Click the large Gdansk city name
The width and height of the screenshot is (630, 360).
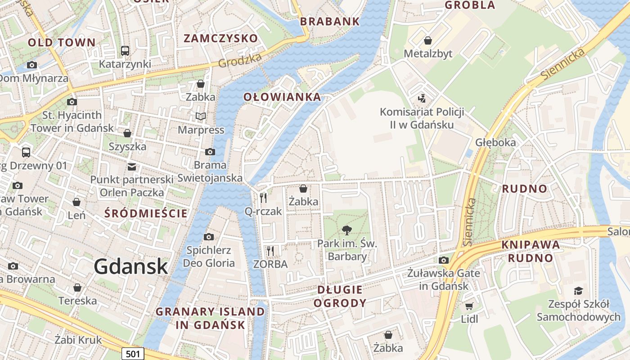[x=131, y=267]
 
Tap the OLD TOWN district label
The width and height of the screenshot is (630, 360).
[x=62, y=43]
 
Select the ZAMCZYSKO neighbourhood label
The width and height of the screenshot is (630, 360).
[x=220, y=38]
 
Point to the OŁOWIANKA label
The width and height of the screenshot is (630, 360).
[x=282, y=97]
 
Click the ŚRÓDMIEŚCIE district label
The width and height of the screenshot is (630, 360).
[x=146, y=213]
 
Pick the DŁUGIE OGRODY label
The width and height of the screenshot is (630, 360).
[x=340, y=296]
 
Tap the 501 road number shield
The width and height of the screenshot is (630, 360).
[x=133, y=354]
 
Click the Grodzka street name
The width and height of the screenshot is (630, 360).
[x=240, y=61]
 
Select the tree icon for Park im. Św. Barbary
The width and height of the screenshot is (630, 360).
[x=346, y=230]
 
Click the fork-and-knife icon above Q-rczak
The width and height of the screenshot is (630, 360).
[x=263, y=198]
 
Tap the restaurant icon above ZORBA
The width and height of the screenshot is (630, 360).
[x=270, y=251]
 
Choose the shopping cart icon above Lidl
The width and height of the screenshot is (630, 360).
[x=469, y=306]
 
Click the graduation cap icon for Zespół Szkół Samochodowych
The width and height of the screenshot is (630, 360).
[x=578, y=291]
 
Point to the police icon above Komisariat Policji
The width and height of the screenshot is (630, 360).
[x=422, y=98]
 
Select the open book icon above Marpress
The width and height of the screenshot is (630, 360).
[x=201, y=117]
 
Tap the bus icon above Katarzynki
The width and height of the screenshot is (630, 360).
[x=125, y=50]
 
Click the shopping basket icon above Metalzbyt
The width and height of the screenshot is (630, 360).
[x=428, y=40]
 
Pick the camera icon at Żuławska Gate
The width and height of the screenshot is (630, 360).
[x=444, y=260]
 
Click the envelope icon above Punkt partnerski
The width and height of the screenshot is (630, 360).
[x=131, y=166]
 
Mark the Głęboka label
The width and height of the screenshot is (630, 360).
[x=495, y=142]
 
